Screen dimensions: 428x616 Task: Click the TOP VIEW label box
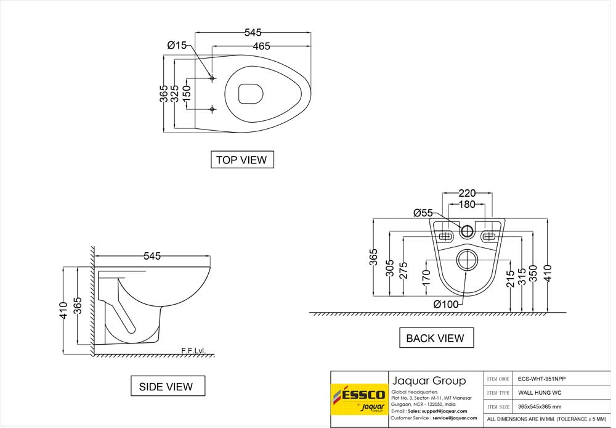pyautogui.click(x=241, y=160)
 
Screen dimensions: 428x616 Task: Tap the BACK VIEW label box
pyautogui.click(x=435, y=338)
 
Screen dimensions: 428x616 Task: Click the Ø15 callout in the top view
pyautogui.click(x=177, y=45)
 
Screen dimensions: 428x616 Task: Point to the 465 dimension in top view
pyautogui.click(x=261, y=46)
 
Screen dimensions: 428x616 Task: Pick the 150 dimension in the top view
pyautogui.click(x=187, y=94)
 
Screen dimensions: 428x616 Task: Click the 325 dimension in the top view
pyautogui.click(x=175, y=94)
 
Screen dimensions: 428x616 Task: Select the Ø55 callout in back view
pyautogui.click(x=423, y=213)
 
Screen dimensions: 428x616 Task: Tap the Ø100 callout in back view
pyautogui.click(x=446, y=304)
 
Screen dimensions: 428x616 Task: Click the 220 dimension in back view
pyautogui.click(x=467, y=193)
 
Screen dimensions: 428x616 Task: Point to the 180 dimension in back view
pyautogui.click(x=467, y=204)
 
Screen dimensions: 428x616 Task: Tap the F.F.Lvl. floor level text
pyautogui.click(x=193, y=351)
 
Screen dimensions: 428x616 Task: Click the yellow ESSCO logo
pyautogui.click(x=358, y=398)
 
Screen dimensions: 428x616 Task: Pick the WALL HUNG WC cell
pyautogui.click(x=539, y=393)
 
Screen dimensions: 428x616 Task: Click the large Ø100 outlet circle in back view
pyautogui.click(x=468, y=260)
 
